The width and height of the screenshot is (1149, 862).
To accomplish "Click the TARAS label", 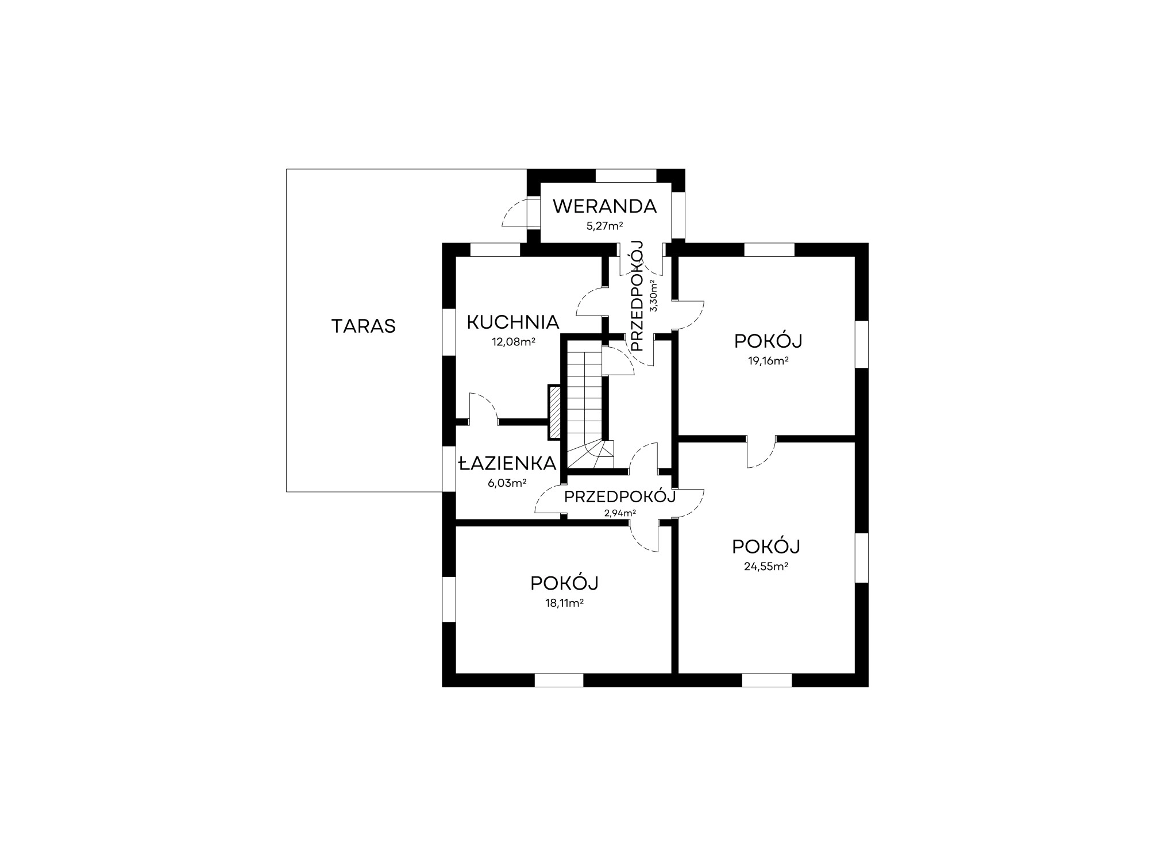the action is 363,326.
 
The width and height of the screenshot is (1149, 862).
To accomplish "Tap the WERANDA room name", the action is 604,206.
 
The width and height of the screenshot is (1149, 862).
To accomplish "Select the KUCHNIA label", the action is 512,322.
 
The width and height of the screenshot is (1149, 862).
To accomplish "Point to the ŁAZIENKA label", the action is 507,463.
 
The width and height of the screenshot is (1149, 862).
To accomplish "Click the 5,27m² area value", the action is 604,225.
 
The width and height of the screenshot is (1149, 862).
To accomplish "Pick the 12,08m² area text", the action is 513,341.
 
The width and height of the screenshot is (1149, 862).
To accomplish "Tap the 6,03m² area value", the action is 507,483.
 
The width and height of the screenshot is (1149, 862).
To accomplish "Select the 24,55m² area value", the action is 766,566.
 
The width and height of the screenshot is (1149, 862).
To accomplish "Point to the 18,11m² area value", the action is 564,603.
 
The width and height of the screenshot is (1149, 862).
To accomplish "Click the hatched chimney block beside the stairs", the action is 555,412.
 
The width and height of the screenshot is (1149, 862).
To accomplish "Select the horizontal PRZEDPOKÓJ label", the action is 620,497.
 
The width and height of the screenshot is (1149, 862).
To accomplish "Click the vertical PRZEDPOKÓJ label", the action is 637,296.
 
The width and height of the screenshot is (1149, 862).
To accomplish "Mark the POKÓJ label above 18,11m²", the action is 564,583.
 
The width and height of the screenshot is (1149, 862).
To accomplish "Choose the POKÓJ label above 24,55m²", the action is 766,547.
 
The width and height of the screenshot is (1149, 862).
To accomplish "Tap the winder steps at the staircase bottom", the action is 591,455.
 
